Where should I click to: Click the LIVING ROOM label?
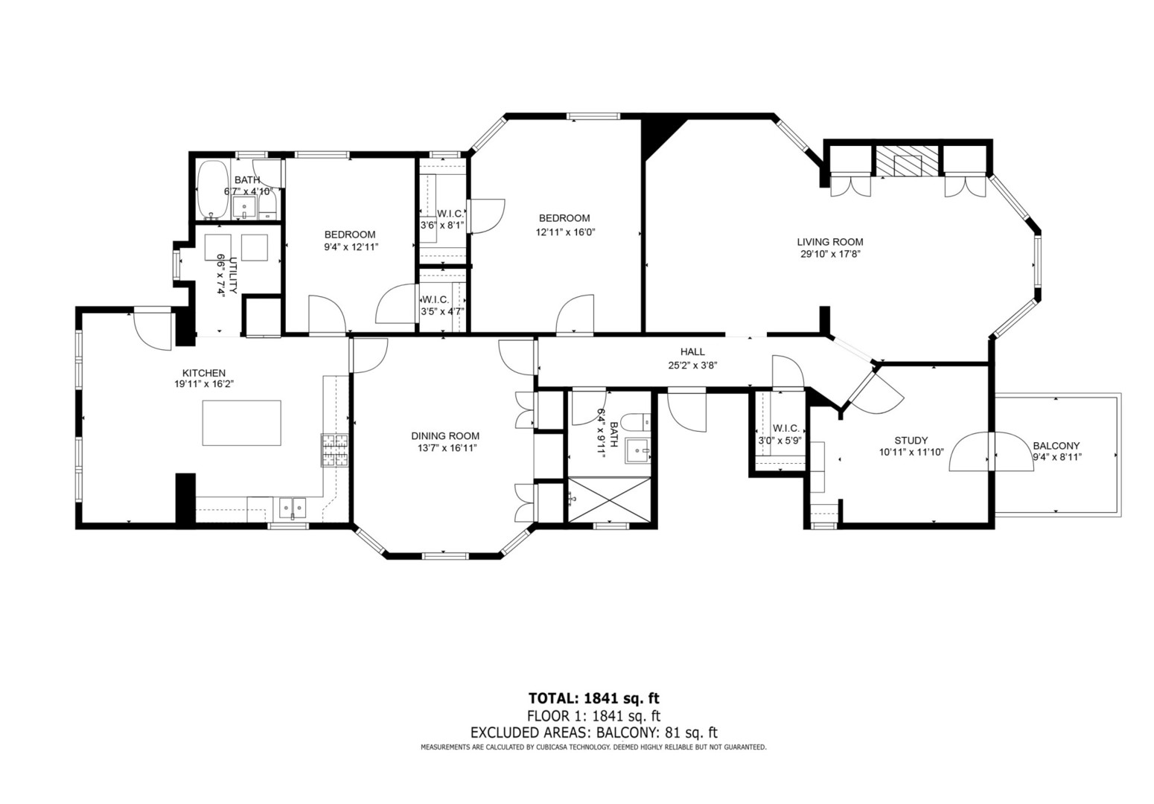[x=830, y=241]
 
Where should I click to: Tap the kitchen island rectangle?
[x=242, y=423]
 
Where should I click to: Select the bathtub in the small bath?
[x=212, y=190]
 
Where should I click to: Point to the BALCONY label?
[x=1056, y=446]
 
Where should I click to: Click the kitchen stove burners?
[x=335, y=450]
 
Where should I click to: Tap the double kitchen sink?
[x=292, y=508]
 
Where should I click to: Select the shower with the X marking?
[x=609, y=500]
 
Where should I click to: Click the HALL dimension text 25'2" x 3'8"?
[x=692, y=366]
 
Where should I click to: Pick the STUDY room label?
[x=911, y=441]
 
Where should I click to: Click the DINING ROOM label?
[x=445, y=436]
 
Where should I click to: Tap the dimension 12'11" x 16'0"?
[x=565, y=232]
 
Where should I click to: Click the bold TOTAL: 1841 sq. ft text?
[x=593, y=698]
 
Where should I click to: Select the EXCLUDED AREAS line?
[x=593, y=733]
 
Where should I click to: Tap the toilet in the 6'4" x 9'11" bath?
[x=636, y=422]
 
